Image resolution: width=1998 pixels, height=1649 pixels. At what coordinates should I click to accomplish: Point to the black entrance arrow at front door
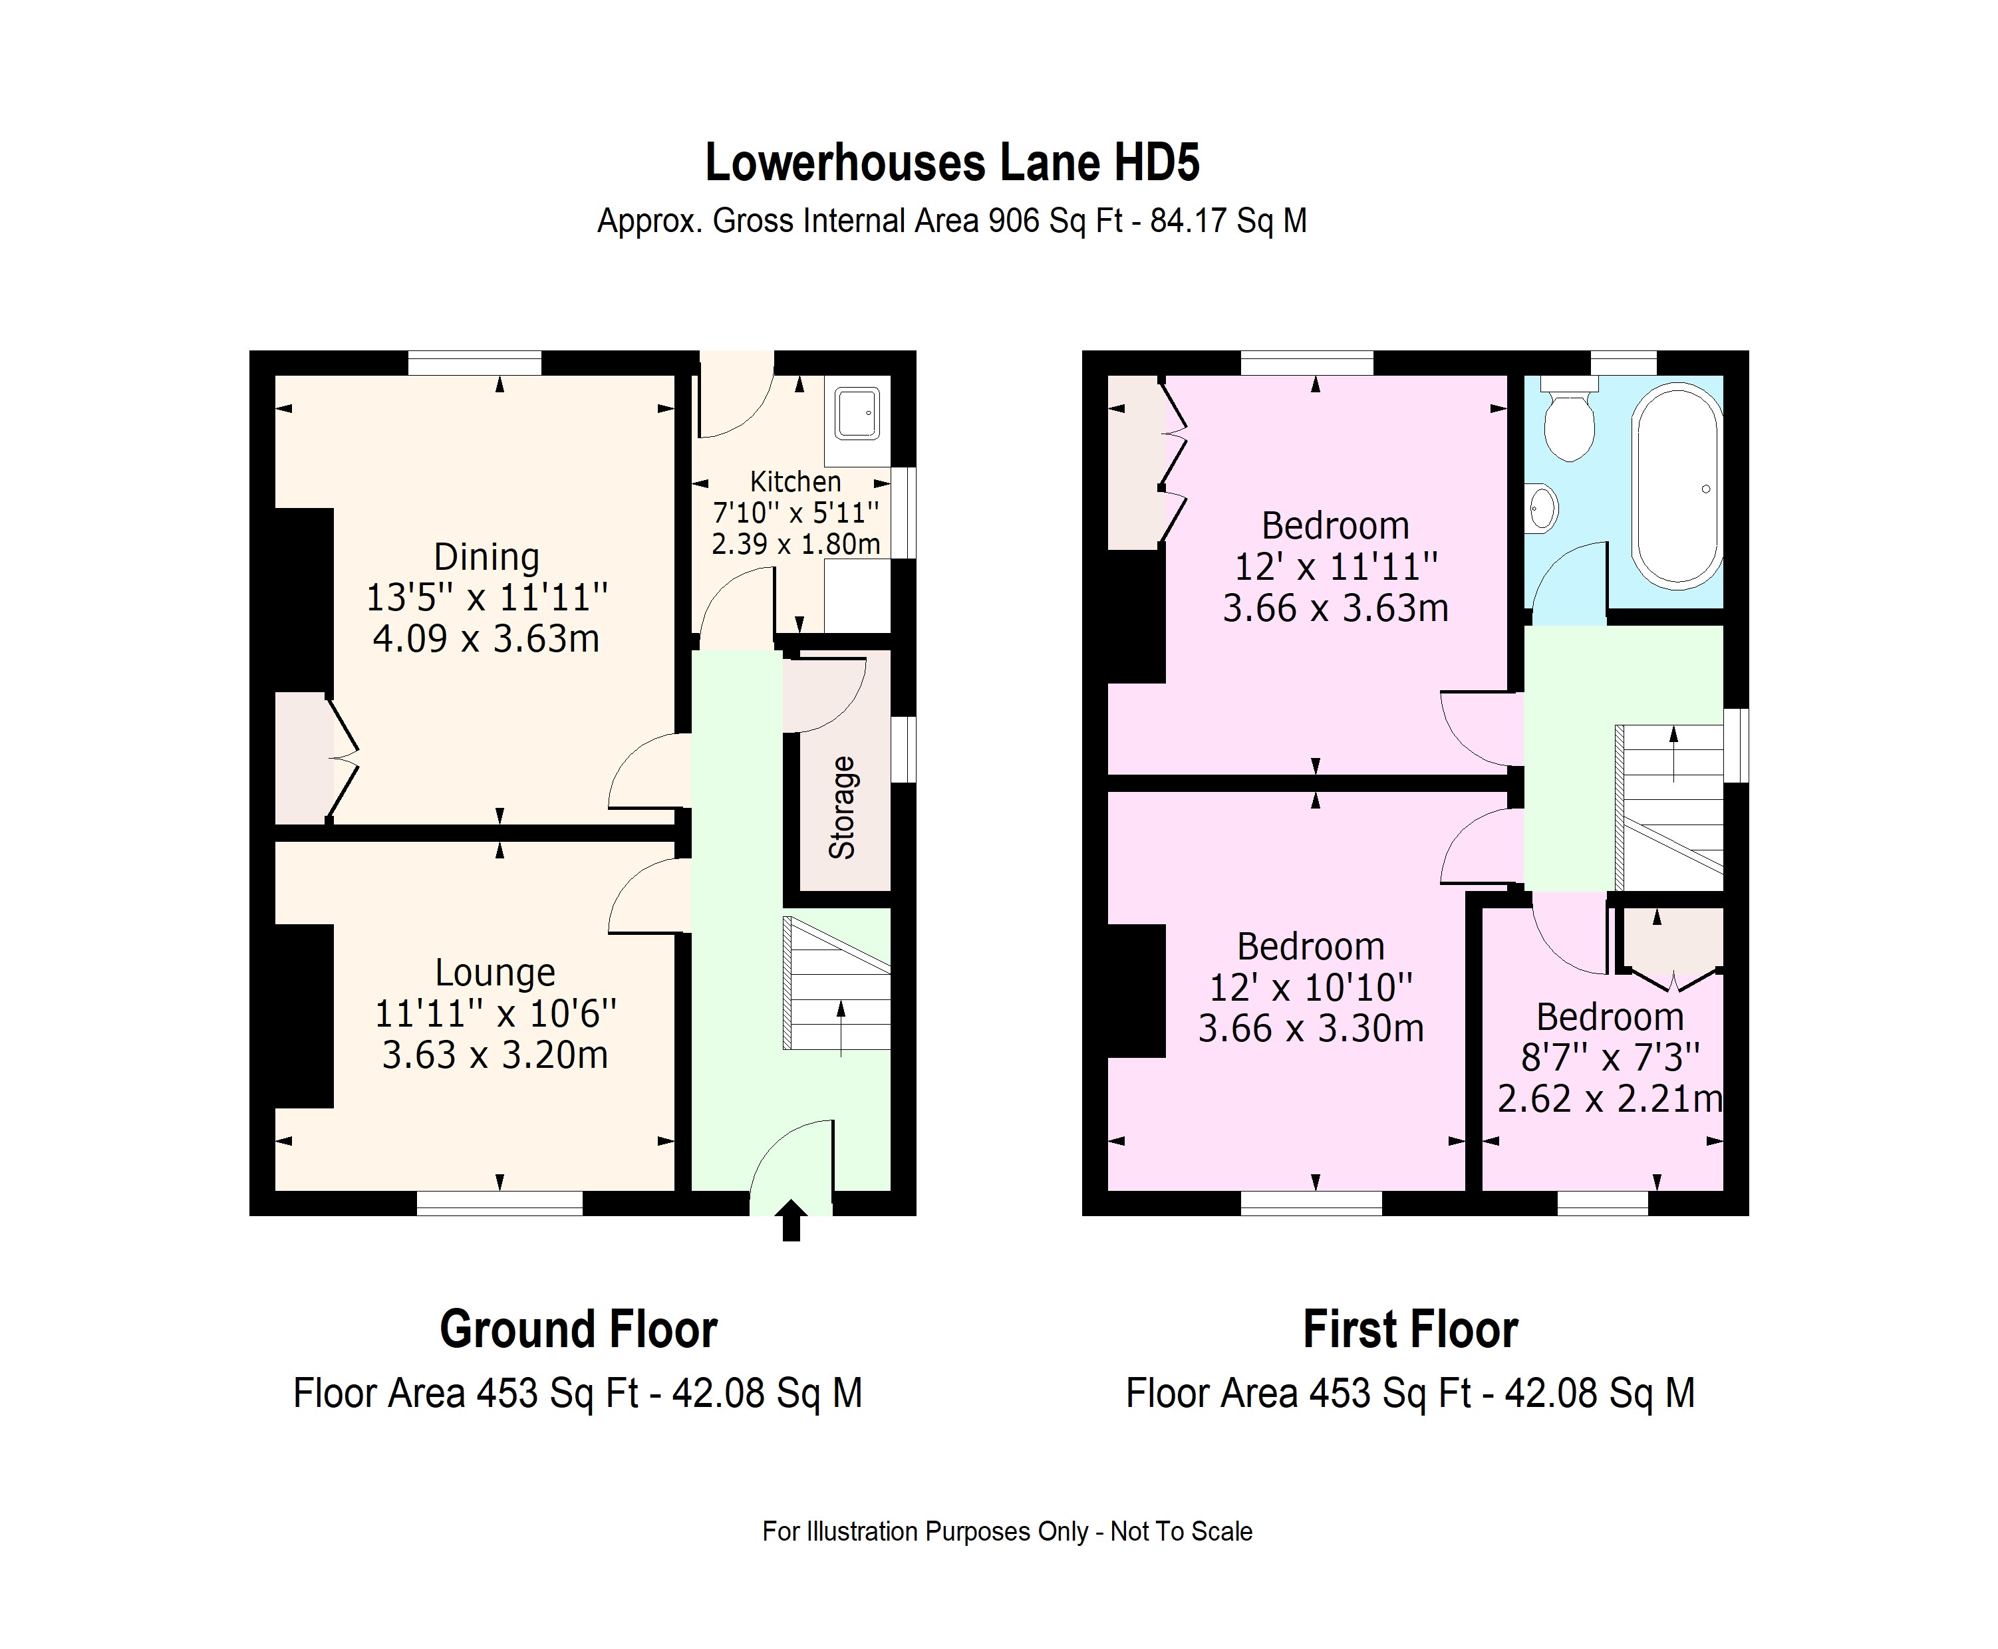coord(790,1221)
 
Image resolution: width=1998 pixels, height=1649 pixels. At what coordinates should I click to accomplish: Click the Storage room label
coord(842,807)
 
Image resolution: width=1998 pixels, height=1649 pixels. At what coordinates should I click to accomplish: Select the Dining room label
coord(486,557)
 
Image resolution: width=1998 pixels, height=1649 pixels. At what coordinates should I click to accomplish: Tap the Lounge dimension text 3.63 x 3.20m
coord(495,1055)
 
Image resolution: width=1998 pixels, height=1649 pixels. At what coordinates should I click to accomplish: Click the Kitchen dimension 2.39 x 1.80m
coord(795,545)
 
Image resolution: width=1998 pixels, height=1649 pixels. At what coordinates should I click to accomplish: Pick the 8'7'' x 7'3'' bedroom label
coord(1610,1057)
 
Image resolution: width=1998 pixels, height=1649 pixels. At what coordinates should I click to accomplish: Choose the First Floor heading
coord(1410,1329)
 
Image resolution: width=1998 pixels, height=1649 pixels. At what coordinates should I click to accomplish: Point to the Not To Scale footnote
coord(1181,1531)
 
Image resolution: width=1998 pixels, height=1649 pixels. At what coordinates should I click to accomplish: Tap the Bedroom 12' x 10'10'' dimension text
coord(1310,988)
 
